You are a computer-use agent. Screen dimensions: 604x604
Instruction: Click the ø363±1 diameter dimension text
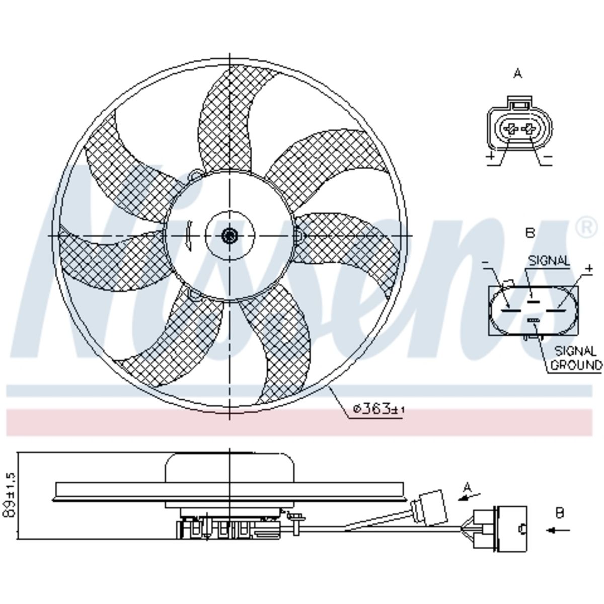coord(379,408)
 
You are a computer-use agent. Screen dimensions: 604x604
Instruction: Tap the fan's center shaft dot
coord(230,235)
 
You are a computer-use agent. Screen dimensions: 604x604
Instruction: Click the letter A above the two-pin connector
coord(517,74)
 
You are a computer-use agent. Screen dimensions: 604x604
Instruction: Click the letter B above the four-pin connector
coord(530,233)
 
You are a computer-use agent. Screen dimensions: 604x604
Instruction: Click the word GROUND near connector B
coord(576,365)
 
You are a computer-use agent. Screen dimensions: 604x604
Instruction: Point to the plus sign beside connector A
coord(491,156)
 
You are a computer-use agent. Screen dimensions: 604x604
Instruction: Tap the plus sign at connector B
coord(589,268)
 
